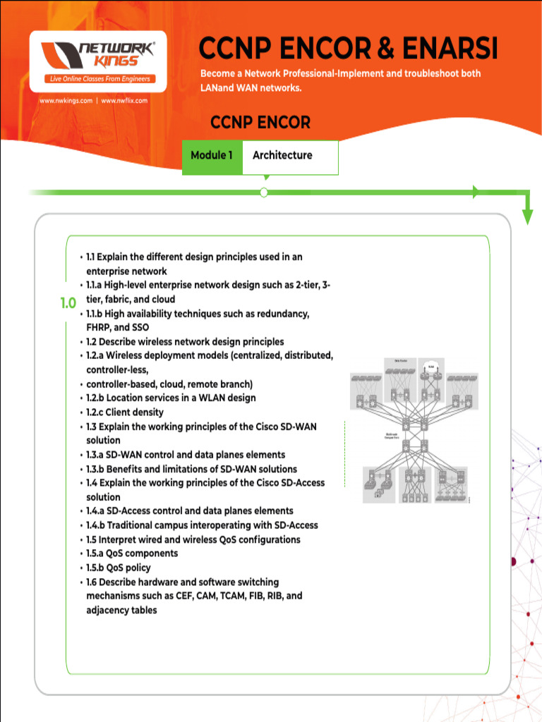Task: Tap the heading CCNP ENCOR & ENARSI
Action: [348, 49]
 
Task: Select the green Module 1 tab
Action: [212, 155]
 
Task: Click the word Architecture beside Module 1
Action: [282, 155]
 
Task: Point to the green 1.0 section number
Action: [68, 303]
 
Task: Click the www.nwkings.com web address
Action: [66, 101]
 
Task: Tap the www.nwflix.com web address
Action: [124, 101]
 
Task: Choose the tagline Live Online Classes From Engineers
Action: [99, 79]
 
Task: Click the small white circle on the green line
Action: [264, 192]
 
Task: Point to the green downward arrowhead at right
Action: [527, 217]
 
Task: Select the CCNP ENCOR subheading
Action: [260, 123]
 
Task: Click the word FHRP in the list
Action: [98, 328]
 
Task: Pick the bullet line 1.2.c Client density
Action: [124, 412]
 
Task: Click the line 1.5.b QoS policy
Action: [118, 568]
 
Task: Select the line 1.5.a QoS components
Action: [132, 553]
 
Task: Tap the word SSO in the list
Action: [140, 328]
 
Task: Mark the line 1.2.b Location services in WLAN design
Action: [171, 398]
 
